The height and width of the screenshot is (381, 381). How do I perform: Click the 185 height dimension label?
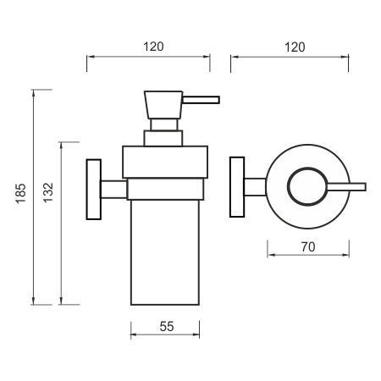[21, 194]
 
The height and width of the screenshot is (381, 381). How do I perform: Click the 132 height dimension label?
[48, 193]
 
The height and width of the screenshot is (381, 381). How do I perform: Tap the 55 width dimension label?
[167, 327]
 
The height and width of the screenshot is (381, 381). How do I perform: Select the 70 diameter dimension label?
[308, 247]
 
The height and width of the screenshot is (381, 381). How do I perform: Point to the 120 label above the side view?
[153, 47]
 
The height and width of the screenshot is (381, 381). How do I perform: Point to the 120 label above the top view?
[295, 47]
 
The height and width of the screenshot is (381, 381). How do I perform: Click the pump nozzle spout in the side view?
[201, 100]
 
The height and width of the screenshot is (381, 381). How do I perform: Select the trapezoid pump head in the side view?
[163, 105]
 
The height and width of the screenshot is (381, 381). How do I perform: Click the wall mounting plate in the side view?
[94, 190]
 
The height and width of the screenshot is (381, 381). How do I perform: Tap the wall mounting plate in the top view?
[237, 187]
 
